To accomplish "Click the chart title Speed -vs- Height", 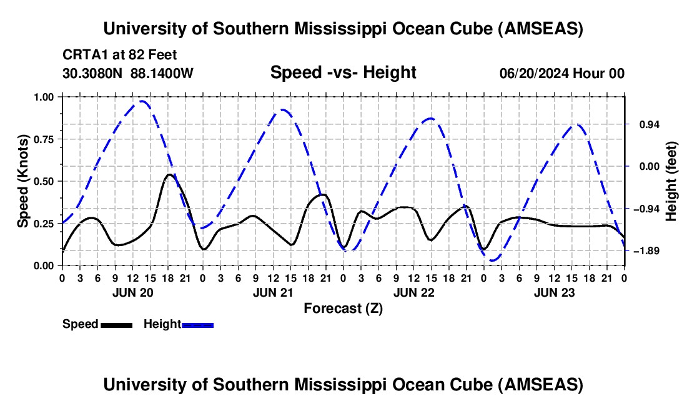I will (343, 73).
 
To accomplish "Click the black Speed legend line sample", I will (116, 325).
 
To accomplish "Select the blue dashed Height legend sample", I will (197, 325).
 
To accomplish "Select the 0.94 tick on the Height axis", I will (641, 124).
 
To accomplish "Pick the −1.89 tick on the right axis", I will (641, 251).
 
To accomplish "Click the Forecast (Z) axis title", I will (343, 309).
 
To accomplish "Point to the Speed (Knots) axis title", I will (24, 181).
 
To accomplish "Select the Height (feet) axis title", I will (672, 181).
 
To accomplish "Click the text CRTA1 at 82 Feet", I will (120, 54).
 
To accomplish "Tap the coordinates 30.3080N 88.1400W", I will (128, 73).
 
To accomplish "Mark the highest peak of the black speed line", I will (169, 174).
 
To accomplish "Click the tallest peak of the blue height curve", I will (143, 101).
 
